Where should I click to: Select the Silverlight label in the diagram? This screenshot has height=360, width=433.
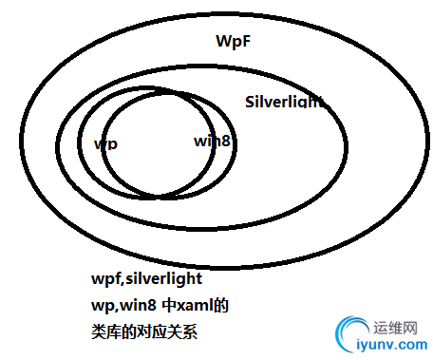(284, 102)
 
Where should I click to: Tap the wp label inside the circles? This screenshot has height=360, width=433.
(106, 144)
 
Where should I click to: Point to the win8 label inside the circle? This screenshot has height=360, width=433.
(212, 141)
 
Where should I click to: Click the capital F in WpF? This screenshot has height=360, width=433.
(248, 41)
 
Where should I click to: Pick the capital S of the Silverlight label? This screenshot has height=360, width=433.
(250, 102)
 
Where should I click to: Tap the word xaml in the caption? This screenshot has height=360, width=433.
(184, 307)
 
